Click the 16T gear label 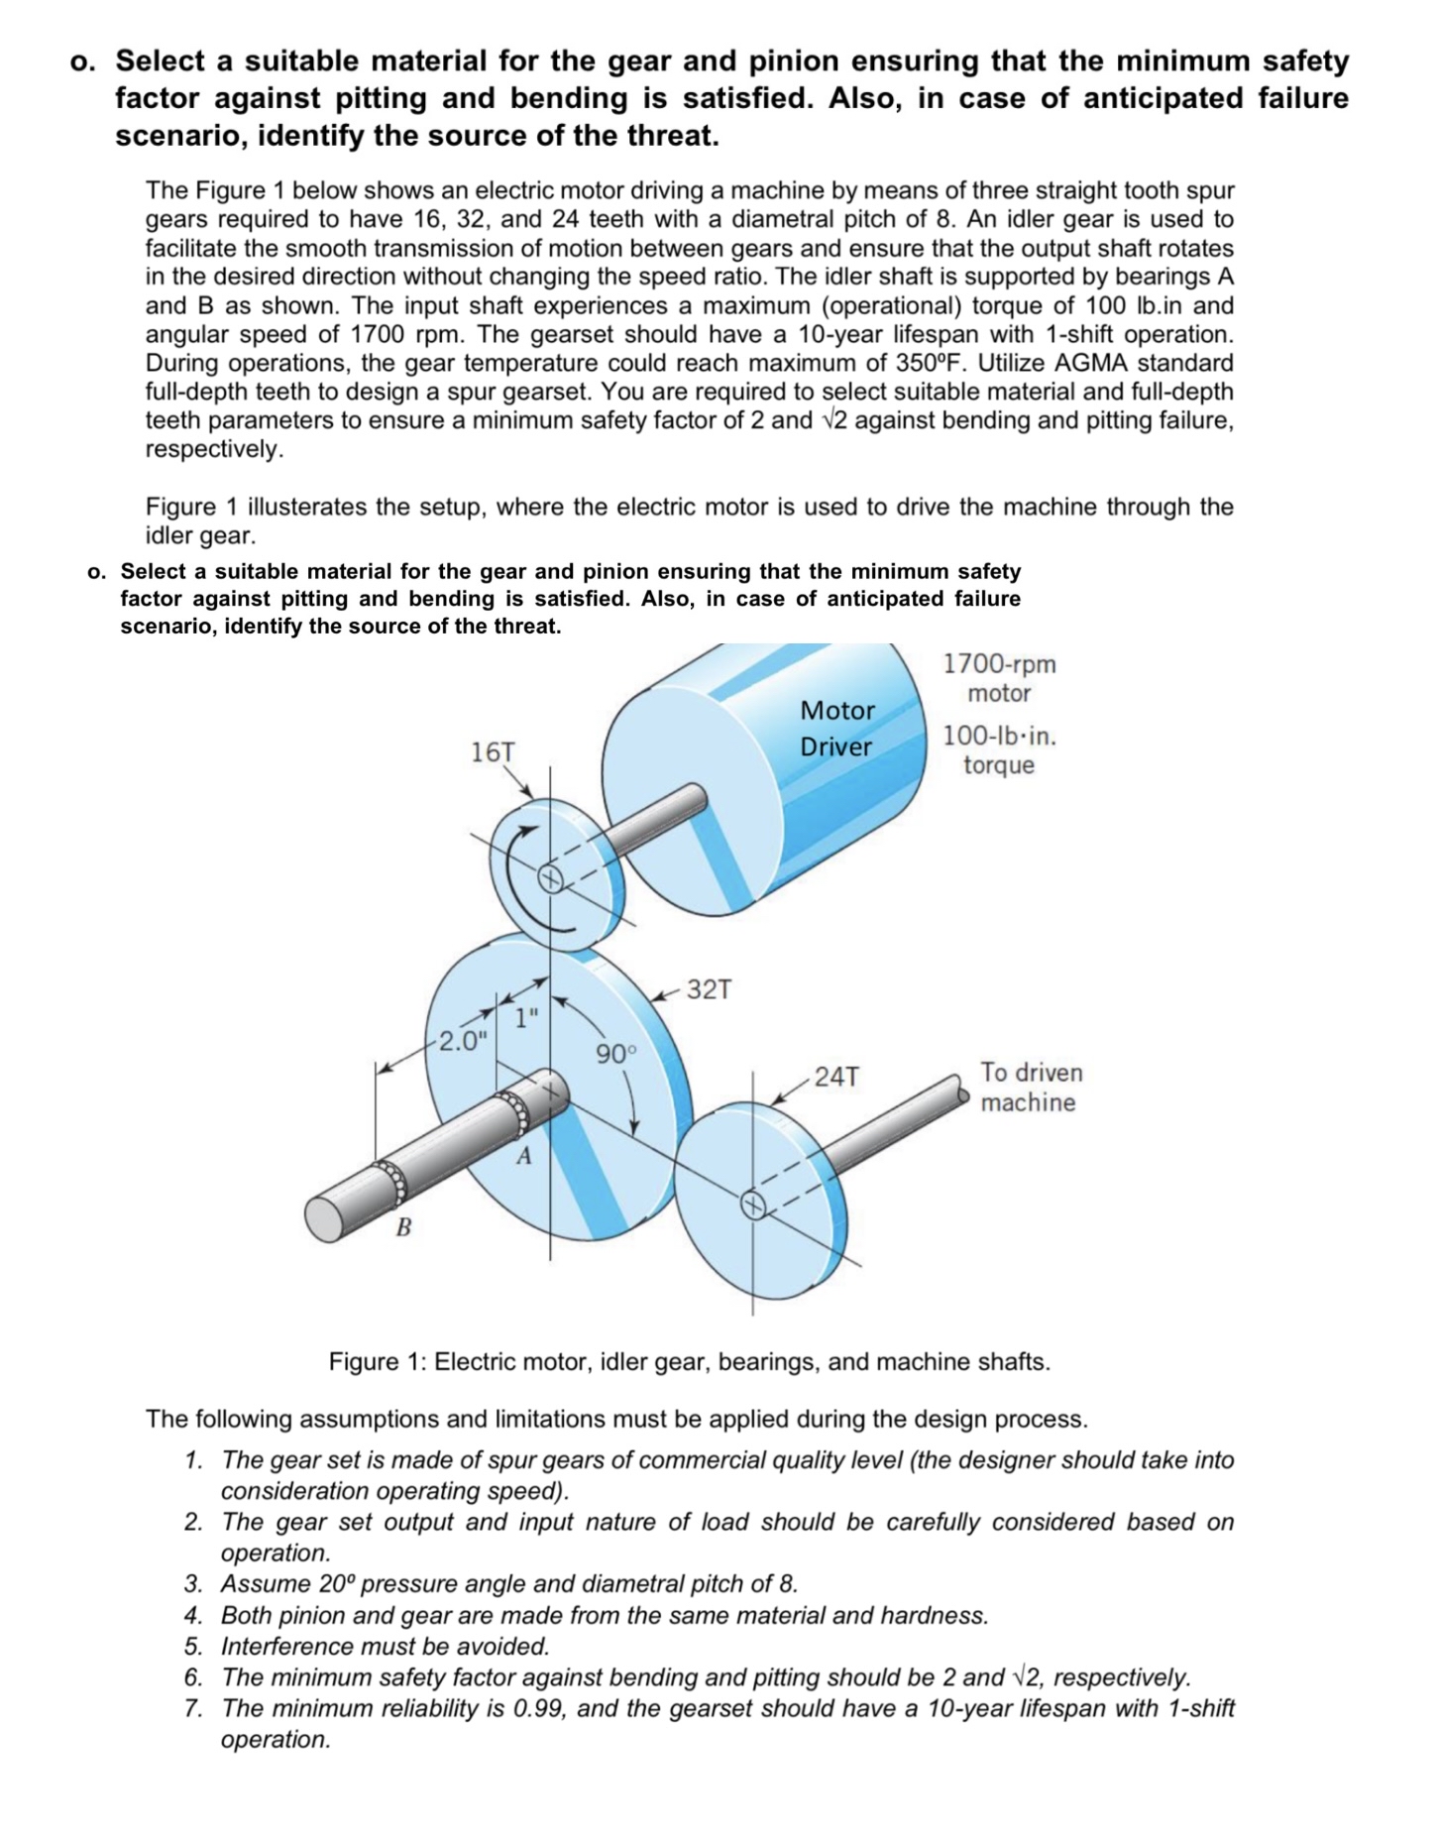pos(493,751)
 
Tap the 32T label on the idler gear pos(710,989)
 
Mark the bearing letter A pos(524,1156)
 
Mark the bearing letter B pos(402,1227)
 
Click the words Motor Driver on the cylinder pos(837,729)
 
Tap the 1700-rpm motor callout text pos(999,678)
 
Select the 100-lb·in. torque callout pos(999,750)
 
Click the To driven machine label pos(1031,1088)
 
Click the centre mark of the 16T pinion pos(550,878)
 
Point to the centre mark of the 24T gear pos(754,1205)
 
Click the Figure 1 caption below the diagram pos(689,1361)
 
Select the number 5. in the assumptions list pos(194,1647)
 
